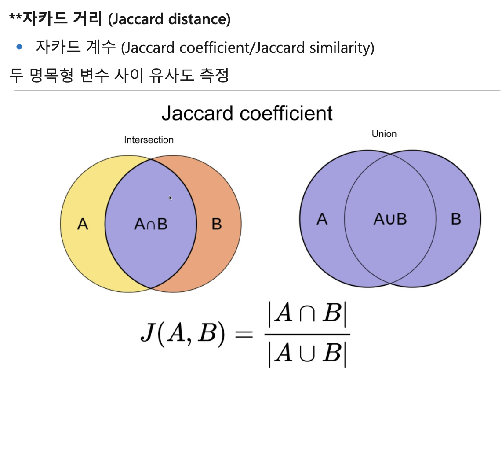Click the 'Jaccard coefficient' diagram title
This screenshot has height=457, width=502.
[247, 113]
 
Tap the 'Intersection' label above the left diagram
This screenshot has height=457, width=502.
[149, 140]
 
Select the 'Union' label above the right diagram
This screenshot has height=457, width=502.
[384, 134]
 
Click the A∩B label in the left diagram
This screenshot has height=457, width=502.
[151, 224]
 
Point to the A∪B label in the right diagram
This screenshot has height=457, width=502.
[390, 219]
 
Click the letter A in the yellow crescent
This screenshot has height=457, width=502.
[83, 224]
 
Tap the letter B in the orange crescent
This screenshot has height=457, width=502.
[216, 224]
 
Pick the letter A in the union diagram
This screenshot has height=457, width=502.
[322, 219]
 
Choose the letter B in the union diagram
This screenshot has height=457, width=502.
[456, 219]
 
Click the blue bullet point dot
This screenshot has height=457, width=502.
[19, 47]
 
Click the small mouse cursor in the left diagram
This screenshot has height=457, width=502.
[171, 198]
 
